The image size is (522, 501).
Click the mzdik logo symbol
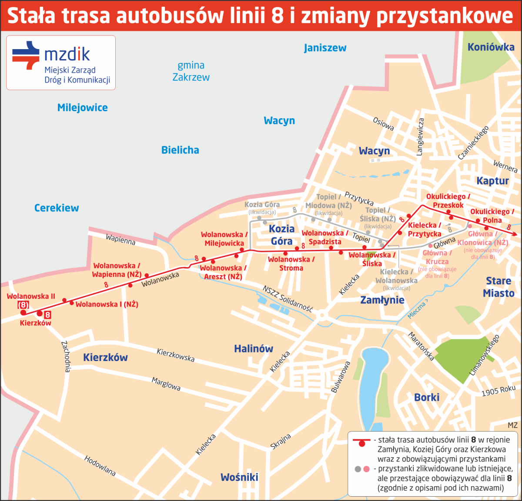click(x=26, y=55)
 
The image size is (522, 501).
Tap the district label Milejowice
click(x=83, y=108)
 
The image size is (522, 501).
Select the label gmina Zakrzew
click(x=191, y=71)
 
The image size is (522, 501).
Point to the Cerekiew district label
click(x=57, y=208)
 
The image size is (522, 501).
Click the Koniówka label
click(x=491, y=47)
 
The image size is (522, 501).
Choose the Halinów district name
click(x=254, y=348)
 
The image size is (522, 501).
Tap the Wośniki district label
click(x=239, y=477)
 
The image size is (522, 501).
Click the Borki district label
click(x=426, y=397)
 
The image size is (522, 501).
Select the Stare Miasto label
click(x=499, y=287)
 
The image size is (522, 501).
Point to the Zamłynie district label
click(x=382, y=300)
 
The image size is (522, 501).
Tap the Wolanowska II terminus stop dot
click(x=23, y=312)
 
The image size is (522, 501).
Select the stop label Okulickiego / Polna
click(x=492, y=216)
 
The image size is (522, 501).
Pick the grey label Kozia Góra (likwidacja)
click(x=262, y=207)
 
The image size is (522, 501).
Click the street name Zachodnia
click(x=66, y=356)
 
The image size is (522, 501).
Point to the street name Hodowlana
click(x=100, y=466)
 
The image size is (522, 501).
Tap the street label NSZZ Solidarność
click(x=288, y=299)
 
